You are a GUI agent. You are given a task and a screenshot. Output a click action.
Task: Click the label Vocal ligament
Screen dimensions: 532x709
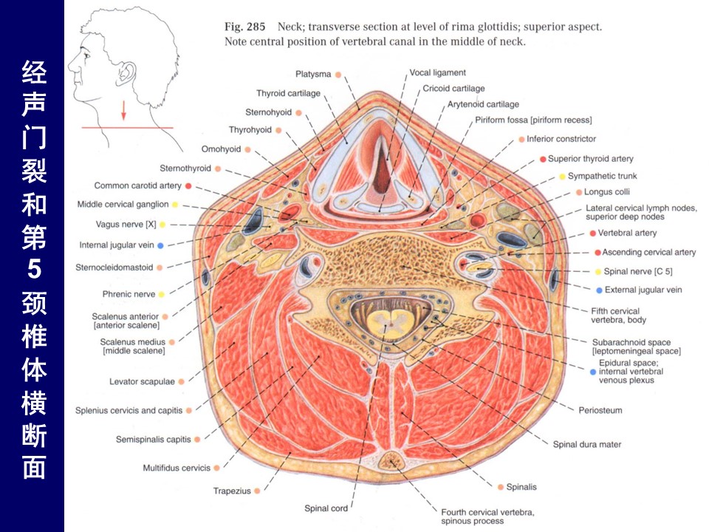438,72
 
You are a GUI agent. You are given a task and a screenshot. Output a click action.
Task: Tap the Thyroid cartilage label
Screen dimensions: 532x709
288,94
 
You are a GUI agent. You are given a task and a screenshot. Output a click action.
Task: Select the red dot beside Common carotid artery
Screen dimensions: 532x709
188,185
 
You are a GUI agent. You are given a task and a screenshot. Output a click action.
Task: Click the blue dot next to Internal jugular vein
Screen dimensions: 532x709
161,245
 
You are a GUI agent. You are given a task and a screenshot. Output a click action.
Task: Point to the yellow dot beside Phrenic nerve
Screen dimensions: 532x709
161,294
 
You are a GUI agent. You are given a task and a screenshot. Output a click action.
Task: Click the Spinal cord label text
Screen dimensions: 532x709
326,508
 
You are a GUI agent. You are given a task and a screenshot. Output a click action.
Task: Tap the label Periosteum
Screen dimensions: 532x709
600,410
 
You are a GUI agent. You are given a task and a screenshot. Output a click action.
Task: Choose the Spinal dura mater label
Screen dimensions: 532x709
587,445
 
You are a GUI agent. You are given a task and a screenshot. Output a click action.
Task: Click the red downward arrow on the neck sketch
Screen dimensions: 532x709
124,110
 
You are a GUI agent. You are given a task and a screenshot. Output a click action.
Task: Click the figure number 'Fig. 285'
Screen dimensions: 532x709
246,27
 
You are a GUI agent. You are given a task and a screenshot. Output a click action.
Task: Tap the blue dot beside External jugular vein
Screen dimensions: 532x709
599,290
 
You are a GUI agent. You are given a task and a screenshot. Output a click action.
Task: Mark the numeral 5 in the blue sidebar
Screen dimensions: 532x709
34,270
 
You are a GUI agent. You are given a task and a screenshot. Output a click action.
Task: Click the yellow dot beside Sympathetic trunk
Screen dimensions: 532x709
562,177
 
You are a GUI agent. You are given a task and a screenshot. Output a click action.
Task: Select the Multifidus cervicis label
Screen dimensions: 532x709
177,468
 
